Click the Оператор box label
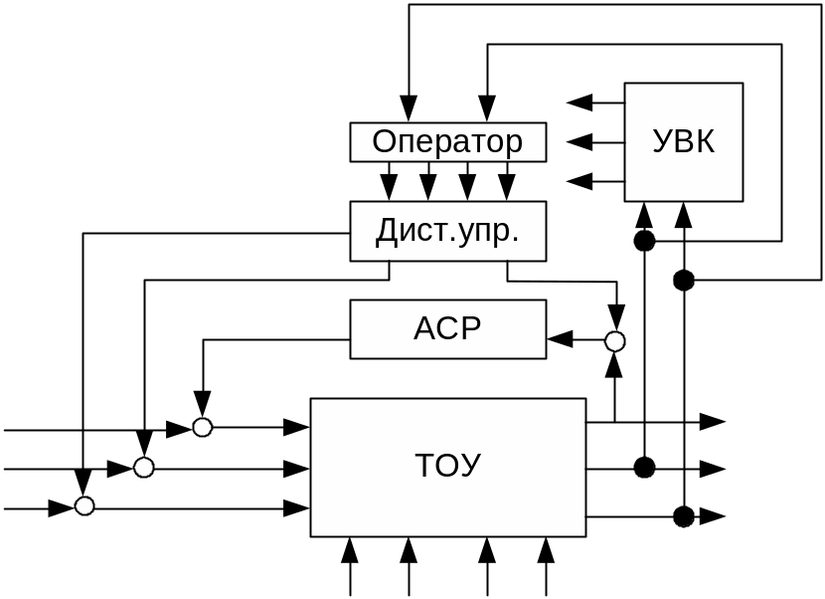[447, 141]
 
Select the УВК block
[683, 141]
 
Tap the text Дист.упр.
[447, 231]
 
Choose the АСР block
[447, 328]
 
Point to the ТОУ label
[447, 466]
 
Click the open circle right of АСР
[615, 341]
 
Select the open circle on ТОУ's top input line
[203, 428]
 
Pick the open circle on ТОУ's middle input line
[145, 468]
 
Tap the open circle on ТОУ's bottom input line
[84, 506]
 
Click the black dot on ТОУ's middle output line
[644, 468]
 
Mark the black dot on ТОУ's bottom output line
[683, 516]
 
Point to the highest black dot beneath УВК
[644, 241]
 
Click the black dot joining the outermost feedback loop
[683, 281]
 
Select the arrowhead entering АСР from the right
[560, 340]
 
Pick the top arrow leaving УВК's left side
[579, 101]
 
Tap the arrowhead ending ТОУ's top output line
[712, 422]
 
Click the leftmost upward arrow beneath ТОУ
[349, 550]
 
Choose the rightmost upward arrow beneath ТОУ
[545, 550]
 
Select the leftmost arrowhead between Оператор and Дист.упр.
[389, 187]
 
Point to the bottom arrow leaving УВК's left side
[579, 181]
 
